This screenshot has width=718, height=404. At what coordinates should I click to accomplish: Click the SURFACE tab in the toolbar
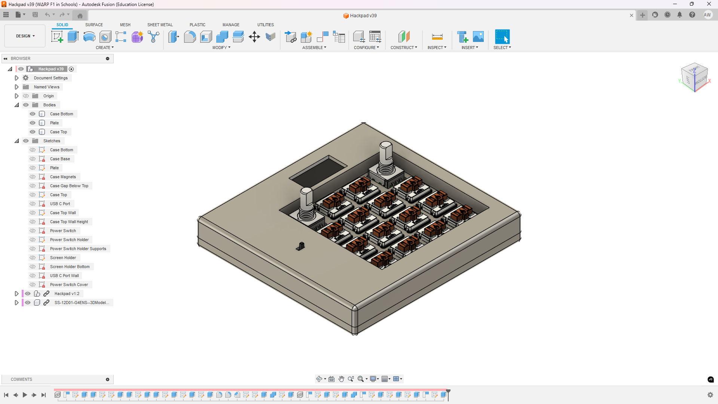pos(94,25)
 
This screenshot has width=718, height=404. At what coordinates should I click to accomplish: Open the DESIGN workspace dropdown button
pos(25,36)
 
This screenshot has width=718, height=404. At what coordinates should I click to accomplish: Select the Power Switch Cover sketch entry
pos(69,285)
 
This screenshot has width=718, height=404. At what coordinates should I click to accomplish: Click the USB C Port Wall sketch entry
pos(64,276)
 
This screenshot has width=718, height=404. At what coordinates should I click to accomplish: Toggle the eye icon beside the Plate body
pos(33,123)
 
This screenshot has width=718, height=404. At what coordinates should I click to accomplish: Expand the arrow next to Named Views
pos(16,87)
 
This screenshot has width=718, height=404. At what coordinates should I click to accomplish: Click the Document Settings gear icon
pos(26,78)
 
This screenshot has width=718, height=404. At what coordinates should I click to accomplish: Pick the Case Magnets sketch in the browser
pos(63,177)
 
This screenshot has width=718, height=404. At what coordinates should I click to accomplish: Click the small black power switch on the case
pos(301,246)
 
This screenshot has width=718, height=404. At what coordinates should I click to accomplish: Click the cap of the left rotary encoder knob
pos(306,192)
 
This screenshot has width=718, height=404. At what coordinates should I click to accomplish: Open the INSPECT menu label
pos(437,48)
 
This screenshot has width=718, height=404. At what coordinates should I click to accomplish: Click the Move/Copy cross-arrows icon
pos(254,37)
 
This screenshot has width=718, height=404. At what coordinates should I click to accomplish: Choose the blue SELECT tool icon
pos(502,37)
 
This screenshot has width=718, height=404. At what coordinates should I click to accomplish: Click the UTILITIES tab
pos(265,25)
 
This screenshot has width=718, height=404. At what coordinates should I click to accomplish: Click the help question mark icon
pos(692,15)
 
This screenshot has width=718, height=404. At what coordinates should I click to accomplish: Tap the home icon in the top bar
pos(80,15)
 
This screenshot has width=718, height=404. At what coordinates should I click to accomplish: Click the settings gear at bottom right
pos(710,395)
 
